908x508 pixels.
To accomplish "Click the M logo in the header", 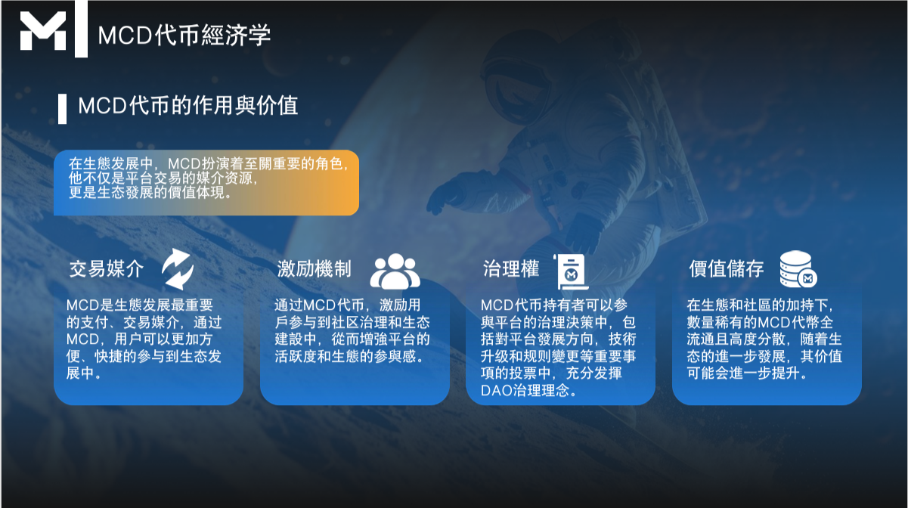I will (43, 31).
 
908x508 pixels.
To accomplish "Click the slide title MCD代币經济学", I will (184, 35).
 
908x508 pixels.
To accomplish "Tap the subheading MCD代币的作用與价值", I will (188, 105).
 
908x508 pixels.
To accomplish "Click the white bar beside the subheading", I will (62, 108).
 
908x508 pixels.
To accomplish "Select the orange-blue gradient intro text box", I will (206, 181).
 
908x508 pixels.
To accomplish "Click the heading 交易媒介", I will (106, 268).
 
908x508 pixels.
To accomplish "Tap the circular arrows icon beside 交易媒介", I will (178, 269).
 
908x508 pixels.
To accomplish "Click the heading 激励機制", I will (314, 268).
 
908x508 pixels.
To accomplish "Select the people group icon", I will (394, 271).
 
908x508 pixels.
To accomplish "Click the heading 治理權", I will (511, 268).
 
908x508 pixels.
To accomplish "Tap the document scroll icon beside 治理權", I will (572, 271).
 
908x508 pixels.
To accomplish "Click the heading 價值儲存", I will (726, 268).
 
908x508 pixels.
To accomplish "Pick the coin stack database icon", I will (797, 271).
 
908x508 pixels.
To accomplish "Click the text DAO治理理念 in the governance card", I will (529, 391).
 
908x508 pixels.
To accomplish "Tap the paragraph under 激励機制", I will (352, 331).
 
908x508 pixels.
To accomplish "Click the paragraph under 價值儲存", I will (764, 339).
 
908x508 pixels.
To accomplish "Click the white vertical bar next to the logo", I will (81, 29).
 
